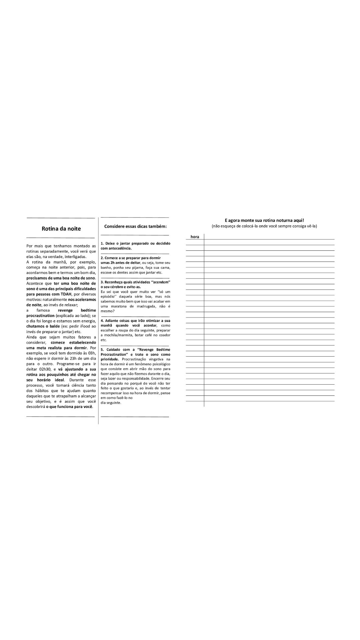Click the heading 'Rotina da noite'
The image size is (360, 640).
pyautogui.click(x=61, y=229)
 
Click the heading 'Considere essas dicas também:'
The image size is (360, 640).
pyautogui.click(x=135, y=226)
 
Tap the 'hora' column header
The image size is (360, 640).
pyautogui.click(x=195, y=237)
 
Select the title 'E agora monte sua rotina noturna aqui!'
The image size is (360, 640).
pyautogui.click(x=264, y=220)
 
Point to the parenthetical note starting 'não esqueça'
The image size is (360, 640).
pyautogui.click(x=264, y=226)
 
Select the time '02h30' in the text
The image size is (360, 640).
pyautogui.click(x=45, y=369)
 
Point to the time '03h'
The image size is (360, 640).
pyautogui.click(x=92, y=353)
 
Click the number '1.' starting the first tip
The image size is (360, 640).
pyautogui.click(x=102, y=243)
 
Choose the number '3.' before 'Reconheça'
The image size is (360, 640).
pyautogui.click(x=102, y=282)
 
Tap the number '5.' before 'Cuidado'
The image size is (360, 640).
pyautogui.click(x=102, y=350)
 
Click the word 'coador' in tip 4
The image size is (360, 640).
pyautogui.click(x=165, y=335)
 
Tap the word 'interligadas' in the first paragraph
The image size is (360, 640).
pyautogui.click(x=75, y=257)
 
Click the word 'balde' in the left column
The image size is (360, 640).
pyautogui.click(x=55, y=326)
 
